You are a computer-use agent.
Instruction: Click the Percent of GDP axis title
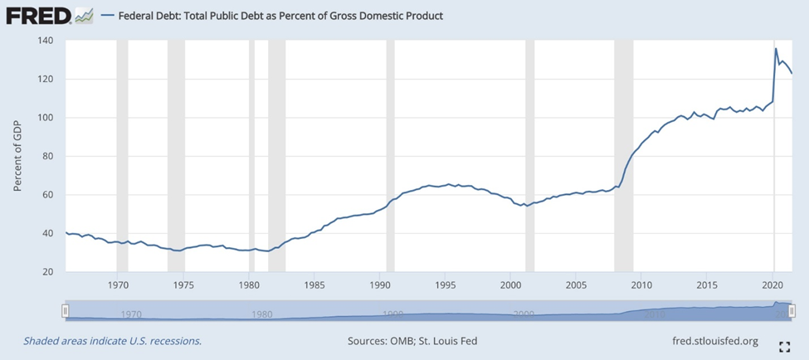[17, 156]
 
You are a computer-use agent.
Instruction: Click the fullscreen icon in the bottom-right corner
[784, 346]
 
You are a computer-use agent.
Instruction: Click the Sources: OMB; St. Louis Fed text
[412, 341]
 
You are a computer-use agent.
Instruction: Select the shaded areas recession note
[113, 341]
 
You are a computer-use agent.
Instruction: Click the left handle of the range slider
[66, 310]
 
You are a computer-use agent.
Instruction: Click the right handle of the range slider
[792, 310]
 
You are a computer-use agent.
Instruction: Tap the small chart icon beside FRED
[84, 15]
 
